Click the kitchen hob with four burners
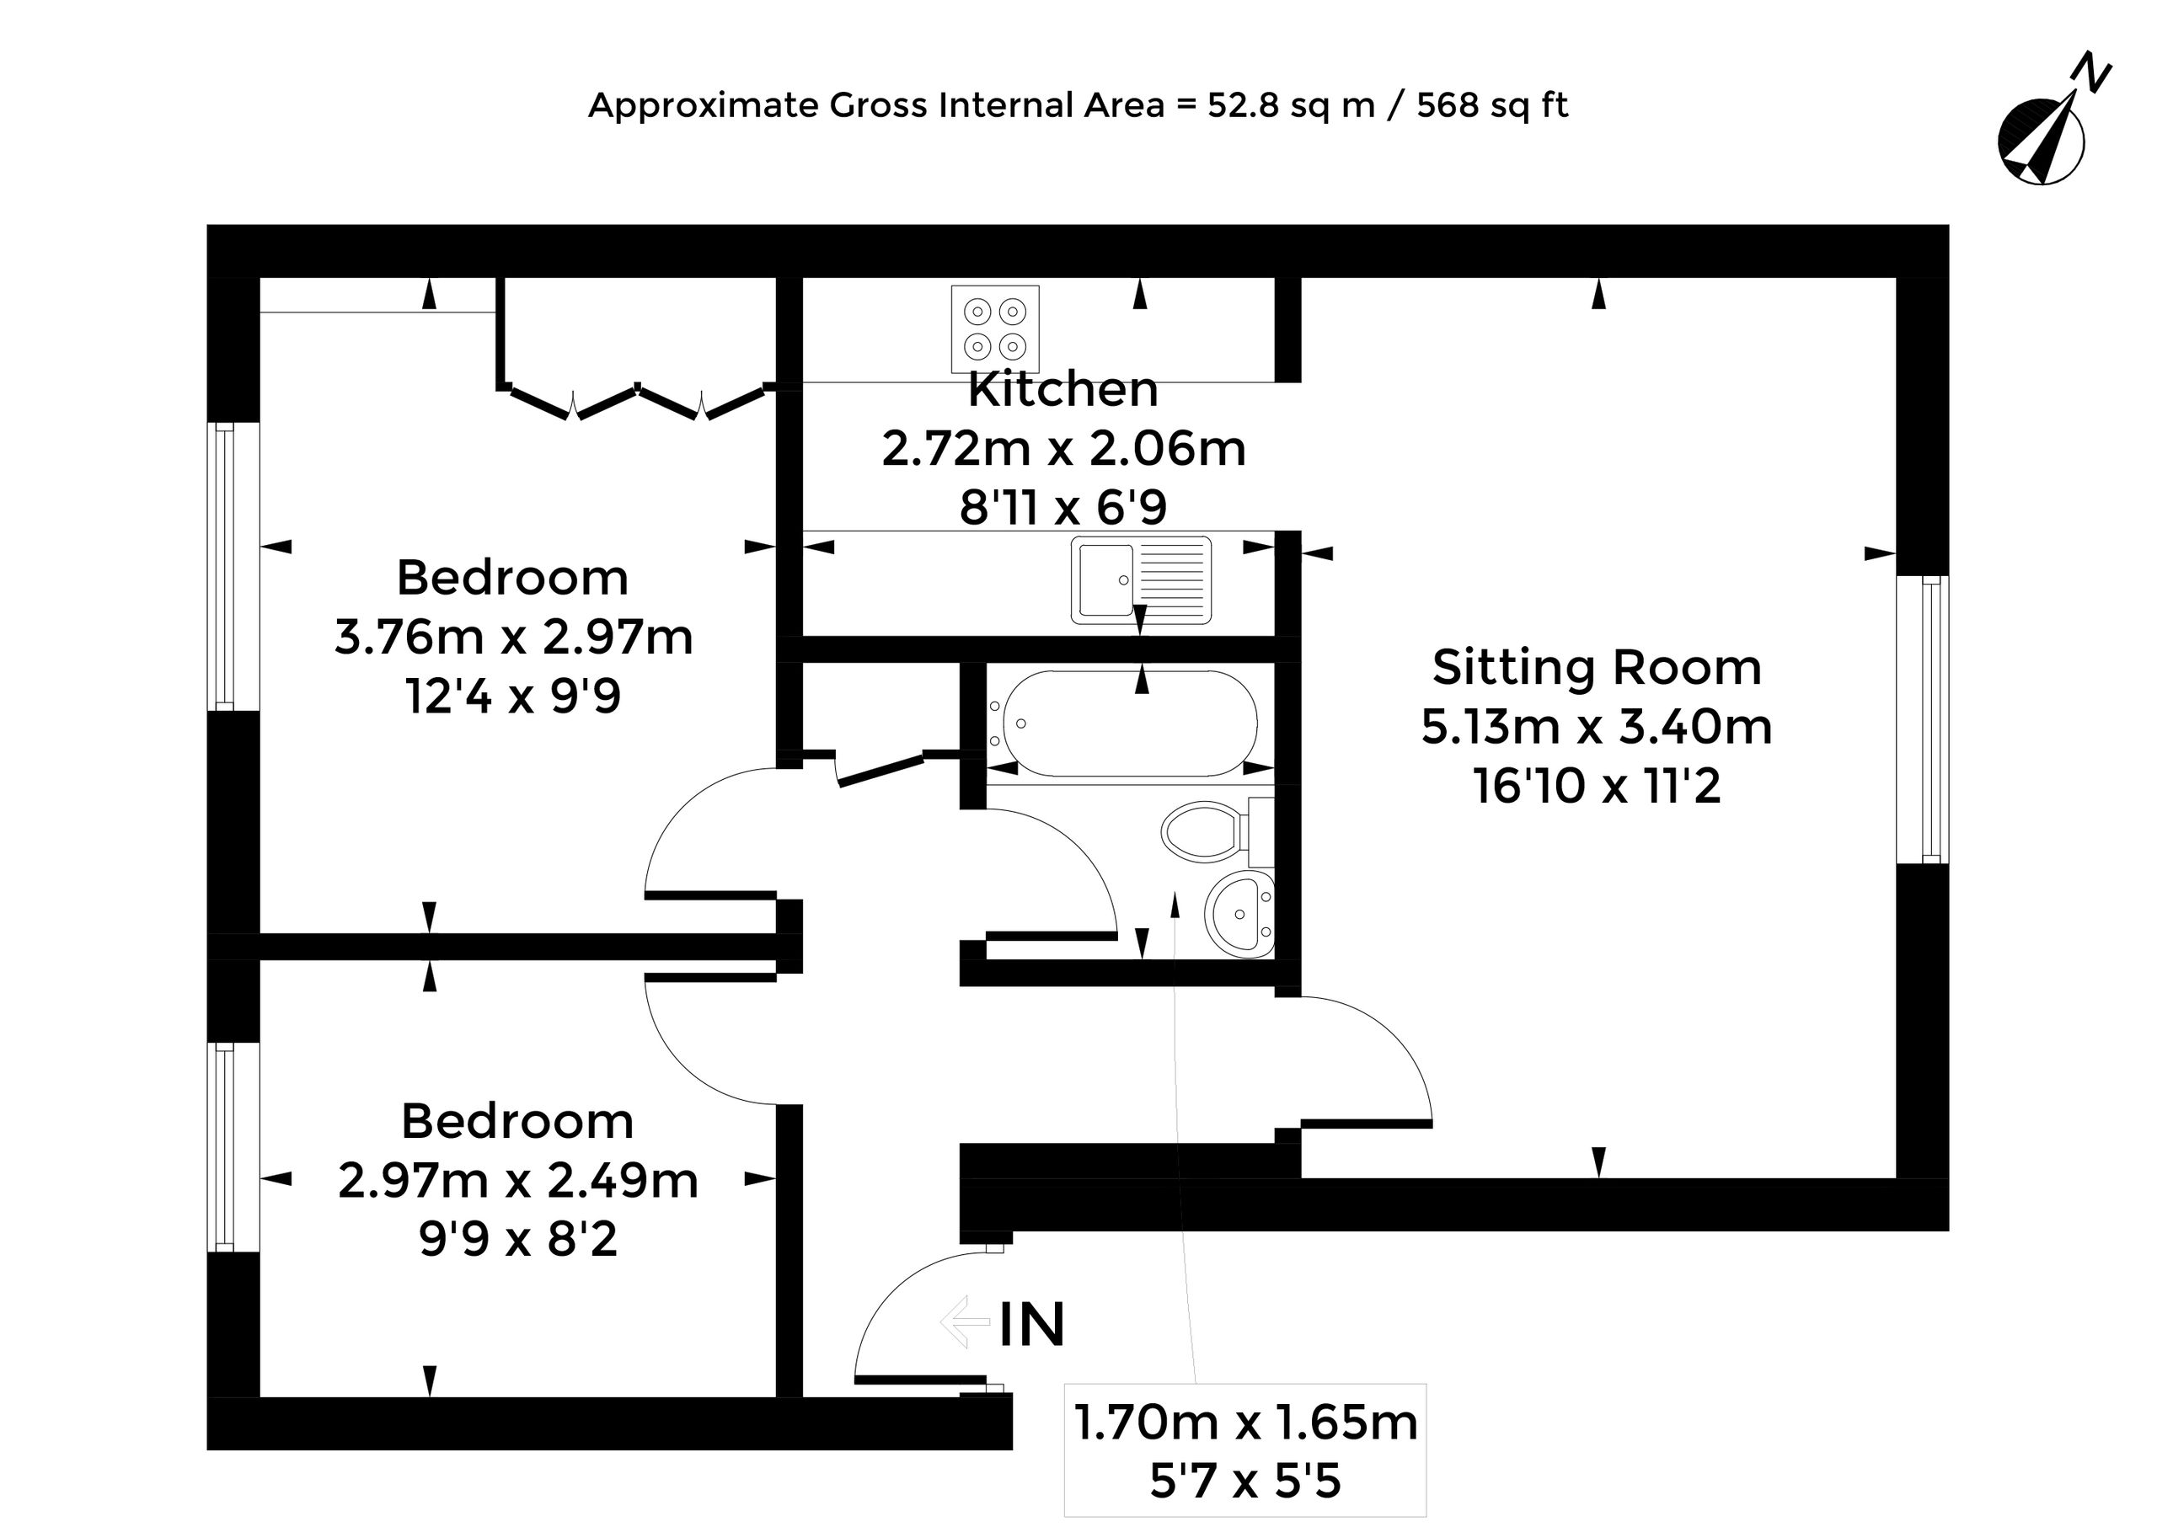click(x=995, y=328)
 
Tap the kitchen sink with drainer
click(x=1141, y=580)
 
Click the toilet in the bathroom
click(x=1218, y=831)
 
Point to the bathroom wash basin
click(x=1239, y=913)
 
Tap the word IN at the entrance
click(x=1032, y=1325)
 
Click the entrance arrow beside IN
click(x=965, y=1322)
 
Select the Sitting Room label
click(x=1597, y=668)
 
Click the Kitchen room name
click(x=1063, y=389)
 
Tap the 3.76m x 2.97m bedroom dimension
click(x=514, y=638)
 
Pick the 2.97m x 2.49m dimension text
click(x=518, y=1181)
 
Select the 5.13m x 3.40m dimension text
click(x=1597, y=727)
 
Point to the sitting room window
click(x=1923, y=719)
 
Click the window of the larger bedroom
click(x=233, y=567)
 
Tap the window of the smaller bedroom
click(x=233, y=1146)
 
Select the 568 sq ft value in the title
click(x=1493, y=105)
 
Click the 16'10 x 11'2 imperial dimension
click(x=1598, y=786)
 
